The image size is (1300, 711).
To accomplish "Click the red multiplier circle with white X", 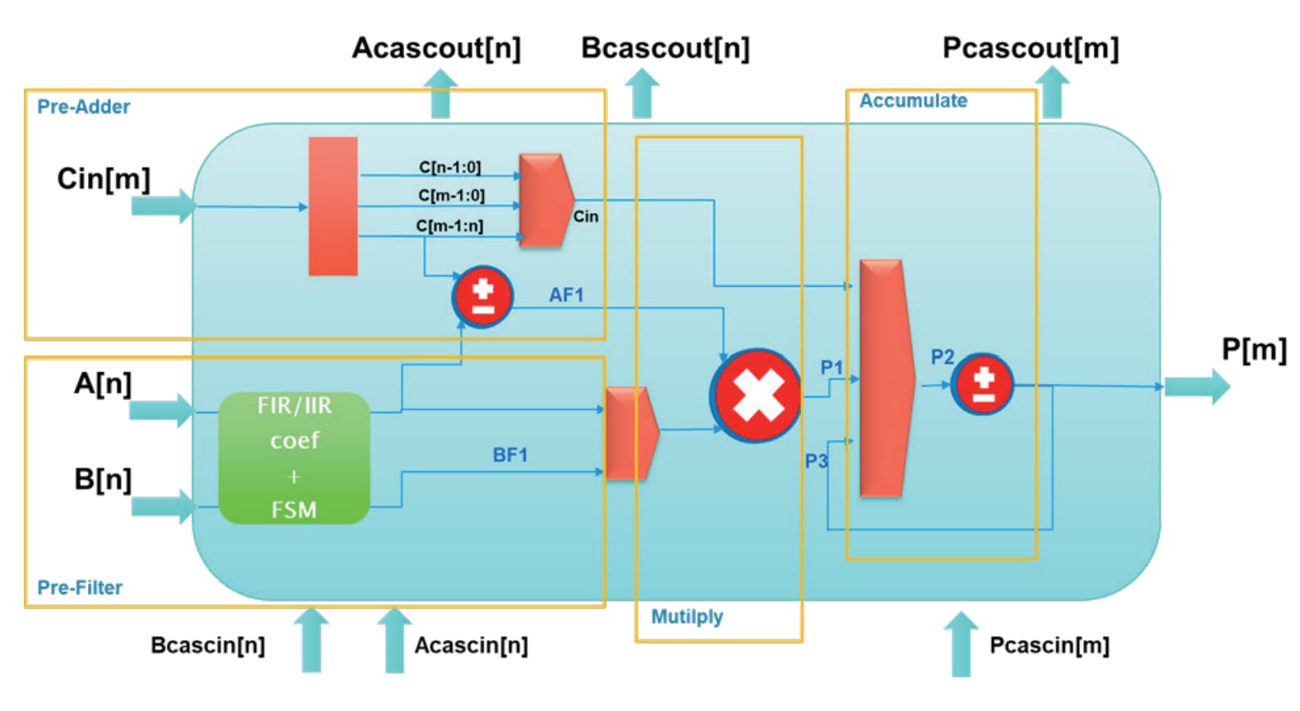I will tap(756, 396).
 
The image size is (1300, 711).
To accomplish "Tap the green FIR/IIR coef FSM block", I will tap(294, 458).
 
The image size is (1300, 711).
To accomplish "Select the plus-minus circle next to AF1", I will tap(483, 297).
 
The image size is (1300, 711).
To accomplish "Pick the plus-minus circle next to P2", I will tap(983, 385).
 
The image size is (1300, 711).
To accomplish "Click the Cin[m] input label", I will tap(104, 178).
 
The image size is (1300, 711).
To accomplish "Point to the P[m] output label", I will tap(1253, 349).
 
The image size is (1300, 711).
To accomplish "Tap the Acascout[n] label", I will tap(436, 48).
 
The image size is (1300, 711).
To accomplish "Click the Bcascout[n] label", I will tap(665, 48).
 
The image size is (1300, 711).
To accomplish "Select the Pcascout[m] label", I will tap(1030, 48).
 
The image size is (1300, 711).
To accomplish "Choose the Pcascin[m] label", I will tap(1049, 645).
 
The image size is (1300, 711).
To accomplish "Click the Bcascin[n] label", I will tap(208, 645).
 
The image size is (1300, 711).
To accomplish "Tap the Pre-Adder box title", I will tap(84, 107).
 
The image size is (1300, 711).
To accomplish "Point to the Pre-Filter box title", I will tap(80, 588).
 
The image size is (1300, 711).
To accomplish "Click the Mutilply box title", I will tap(687, 616).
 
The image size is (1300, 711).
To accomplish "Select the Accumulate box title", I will tap(913, 101).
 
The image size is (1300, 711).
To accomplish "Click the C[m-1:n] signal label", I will tap(449, 226).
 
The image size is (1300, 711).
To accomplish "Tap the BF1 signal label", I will tap(509, 455).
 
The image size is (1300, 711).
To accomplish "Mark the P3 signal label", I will tap(816, 461).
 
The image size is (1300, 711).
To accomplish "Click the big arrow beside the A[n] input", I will tap(162, 409).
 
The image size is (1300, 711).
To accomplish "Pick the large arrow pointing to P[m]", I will tap(1196, 386).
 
